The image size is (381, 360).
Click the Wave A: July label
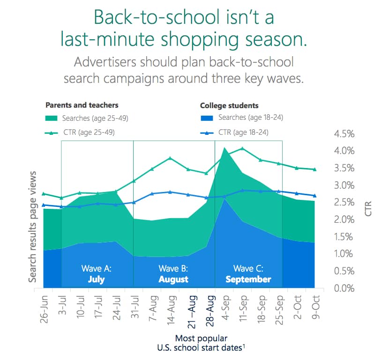point(96,274)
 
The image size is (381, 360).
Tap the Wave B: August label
point(173,274)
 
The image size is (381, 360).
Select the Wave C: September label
point(248,274)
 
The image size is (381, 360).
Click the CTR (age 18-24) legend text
point(243,132)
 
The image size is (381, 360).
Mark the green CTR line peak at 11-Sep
point(242,149)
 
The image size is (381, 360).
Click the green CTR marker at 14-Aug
point(170,158)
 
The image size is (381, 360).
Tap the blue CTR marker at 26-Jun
point(44,205)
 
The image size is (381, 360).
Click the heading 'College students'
point(229,105)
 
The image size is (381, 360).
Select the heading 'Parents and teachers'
point(82,105)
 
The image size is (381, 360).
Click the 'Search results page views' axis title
point(33,232)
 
